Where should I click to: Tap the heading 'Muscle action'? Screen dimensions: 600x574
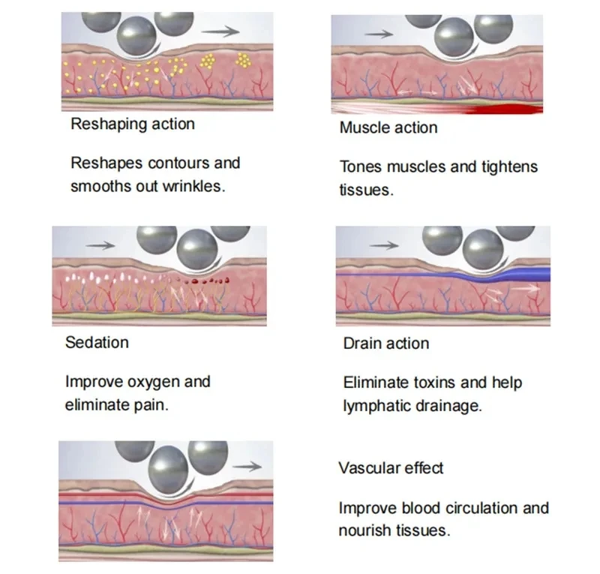coord(388,128)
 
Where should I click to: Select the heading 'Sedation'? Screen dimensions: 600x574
coord(97,343)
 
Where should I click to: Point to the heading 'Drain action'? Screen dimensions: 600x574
coord(385,344)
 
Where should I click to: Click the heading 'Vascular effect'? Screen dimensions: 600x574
coord(391,468)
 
